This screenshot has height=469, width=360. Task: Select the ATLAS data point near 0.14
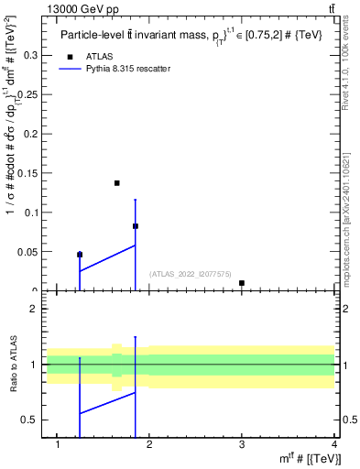[117, 183]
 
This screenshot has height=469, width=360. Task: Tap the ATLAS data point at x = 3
[241, 283]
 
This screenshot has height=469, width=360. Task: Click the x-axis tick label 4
[333, 445]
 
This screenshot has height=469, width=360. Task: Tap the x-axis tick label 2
[150, 445]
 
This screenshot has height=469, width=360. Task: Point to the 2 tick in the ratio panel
[35, 309]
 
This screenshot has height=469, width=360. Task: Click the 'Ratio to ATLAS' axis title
[14, 365]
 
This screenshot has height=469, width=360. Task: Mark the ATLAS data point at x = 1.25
[80, 255]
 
